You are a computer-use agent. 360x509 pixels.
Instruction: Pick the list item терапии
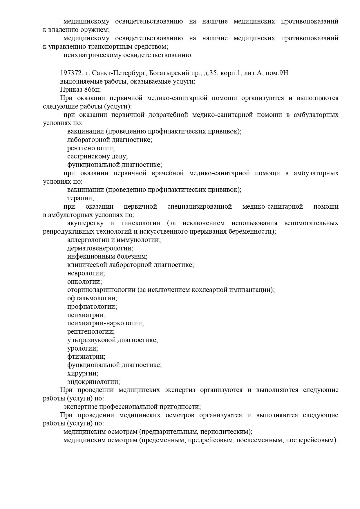[x=81, y=198]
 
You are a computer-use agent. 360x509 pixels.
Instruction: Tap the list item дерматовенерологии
[x=100, y=248]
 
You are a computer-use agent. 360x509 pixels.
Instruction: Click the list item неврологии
[x=86, y=273]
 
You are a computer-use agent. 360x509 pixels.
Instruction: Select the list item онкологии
[x=84, y=282]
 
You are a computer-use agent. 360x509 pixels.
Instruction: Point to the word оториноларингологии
[x=101, y=290]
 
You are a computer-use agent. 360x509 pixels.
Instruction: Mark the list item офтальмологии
[x=92, y=298]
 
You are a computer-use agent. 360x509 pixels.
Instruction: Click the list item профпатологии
[x=92, y=307]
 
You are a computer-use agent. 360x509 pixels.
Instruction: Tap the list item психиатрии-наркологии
[x=105, y=323]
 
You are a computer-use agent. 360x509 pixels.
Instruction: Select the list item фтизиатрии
[x=86, y=357]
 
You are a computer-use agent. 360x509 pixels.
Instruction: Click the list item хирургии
[x=83, y=373]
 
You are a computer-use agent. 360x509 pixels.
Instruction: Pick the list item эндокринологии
[x=93, y=382]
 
